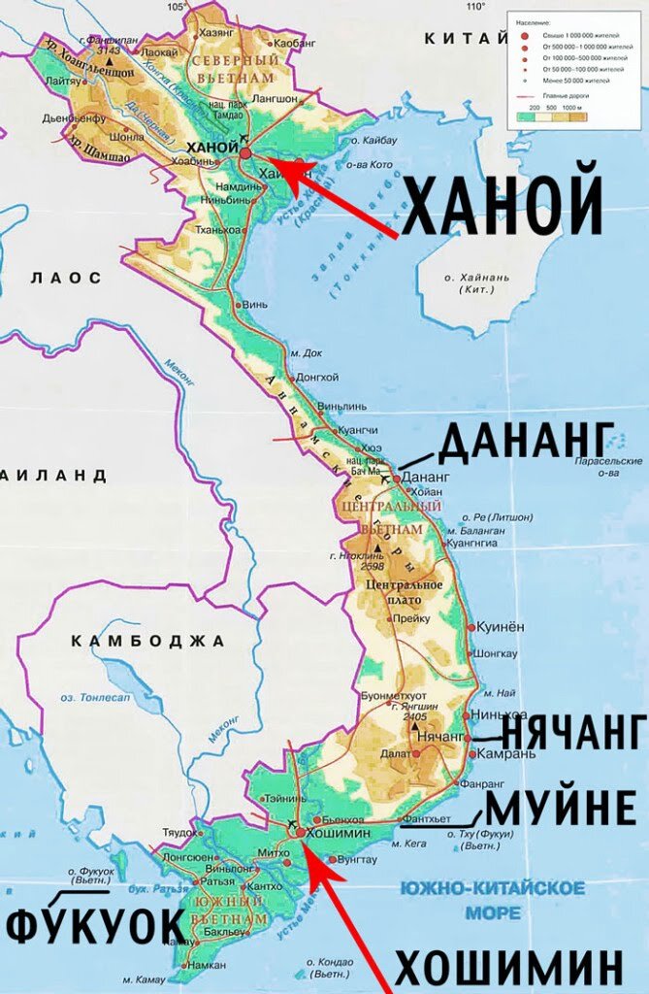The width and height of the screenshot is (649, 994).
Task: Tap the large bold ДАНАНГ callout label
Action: tap(527, 443)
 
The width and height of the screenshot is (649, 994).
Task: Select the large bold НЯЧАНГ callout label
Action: tap(572, 730)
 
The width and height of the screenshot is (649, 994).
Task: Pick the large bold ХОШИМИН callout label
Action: tap(508, 968)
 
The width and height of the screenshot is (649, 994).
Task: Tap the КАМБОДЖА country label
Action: tap(148, 641)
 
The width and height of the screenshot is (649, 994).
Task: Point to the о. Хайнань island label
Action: tap(477, 283)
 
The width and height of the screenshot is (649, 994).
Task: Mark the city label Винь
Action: tap(255, 304)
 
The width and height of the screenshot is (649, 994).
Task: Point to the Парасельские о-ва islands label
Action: tap(607, 467)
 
